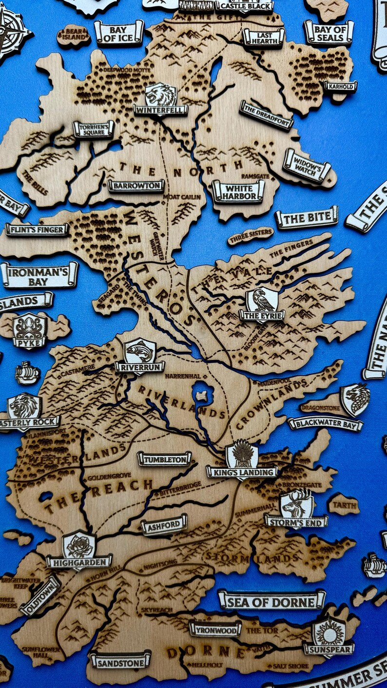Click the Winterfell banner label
click(160, 110)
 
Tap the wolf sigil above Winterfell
click(160, 94)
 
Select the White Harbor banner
click(238, 191)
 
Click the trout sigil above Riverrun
click(140, 350)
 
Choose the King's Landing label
click(242, 471)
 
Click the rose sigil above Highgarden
click(79, 545)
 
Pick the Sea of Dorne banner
click(272, 601)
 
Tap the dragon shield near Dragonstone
click(355, 399)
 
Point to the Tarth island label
click(345, 505)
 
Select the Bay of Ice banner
click(119, 33)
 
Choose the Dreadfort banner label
click(266, 115)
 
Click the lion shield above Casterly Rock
click(24, 405)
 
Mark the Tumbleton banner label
click(164, 459)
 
